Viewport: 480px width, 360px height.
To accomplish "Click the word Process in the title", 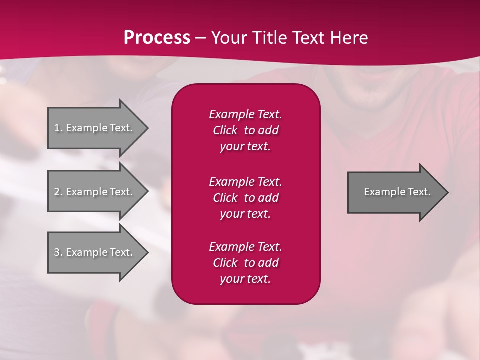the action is [x=157, y=38].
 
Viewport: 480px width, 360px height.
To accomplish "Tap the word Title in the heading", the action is [x=269, y=38].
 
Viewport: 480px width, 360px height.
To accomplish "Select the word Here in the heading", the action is [x=349, y=38].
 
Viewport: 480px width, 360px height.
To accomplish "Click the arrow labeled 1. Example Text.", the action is [x=98, y=128].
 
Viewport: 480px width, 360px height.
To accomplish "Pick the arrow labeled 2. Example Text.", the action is [x=98, y=191].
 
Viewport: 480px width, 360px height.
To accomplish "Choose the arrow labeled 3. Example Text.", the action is [x=98, y=252].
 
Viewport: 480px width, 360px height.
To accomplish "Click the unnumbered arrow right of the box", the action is [x=398, y=192].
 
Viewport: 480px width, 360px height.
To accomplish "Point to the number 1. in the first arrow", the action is [x=58, y=128].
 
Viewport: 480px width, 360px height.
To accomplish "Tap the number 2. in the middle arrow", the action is [x=58, y=192].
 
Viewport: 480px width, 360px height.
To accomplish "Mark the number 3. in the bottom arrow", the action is [x=58, y=252].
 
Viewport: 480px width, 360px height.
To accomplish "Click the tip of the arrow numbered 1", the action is [x=149, y=128].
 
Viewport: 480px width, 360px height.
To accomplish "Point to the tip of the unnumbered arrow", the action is [x=449, y=192].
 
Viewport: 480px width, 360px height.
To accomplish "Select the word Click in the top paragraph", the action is [x=225, y=130].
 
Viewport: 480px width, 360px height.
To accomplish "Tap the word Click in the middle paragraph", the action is [x=225, y=198].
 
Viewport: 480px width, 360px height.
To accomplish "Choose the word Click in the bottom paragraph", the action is [x=225, y=262].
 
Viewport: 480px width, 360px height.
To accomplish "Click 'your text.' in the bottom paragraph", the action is [x=245, y=279].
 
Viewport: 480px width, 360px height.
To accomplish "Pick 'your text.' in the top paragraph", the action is [x=245, y=147].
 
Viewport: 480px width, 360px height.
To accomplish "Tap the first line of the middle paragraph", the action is [x=246, y=182].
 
